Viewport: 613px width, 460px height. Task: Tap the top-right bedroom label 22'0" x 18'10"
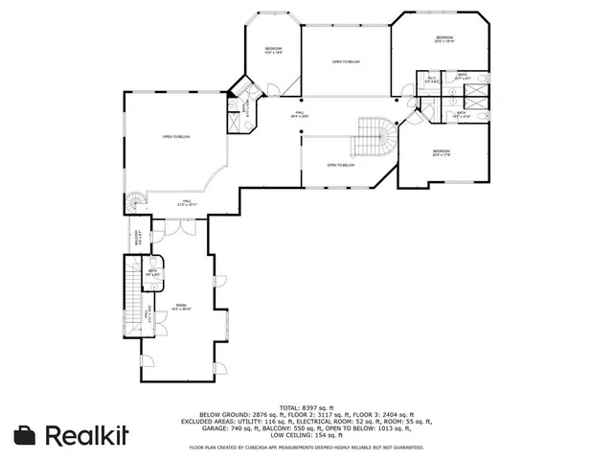coord(443,40)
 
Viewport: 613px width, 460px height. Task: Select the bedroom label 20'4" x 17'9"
coord(441,152)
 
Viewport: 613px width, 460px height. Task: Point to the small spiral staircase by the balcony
coord(136,201)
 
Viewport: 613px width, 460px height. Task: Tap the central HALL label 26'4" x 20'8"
coord(300,114)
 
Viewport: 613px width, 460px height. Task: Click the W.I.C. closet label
coord(432,80)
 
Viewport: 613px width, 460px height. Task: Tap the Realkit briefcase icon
coord(27,434)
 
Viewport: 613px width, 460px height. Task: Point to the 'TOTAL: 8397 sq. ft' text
coord(306,406)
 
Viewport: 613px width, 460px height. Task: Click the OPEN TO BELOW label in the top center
coord(346,61)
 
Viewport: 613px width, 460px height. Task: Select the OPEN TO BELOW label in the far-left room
coord(176,137)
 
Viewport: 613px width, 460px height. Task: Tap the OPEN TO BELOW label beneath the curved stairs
coord(342,165)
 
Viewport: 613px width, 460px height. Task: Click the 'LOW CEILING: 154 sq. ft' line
coord(306,435)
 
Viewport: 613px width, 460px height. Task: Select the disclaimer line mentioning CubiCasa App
coord(306,447)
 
